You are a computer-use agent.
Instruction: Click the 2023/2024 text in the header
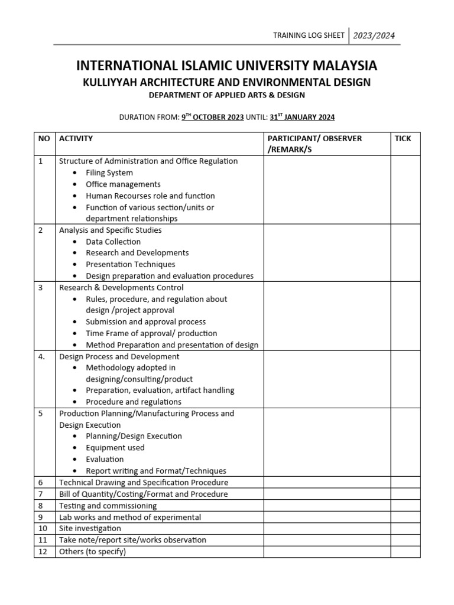point(374,36)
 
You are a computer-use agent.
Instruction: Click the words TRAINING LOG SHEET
point(308,36)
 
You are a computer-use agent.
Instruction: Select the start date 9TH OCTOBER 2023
point(212,117)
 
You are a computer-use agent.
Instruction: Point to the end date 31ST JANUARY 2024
point(302,117)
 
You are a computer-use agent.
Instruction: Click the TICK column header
point(403,138)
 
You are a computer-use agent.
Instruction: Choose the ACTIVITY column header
point(76,138)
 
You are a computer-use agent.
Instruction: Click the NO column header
point(44,138)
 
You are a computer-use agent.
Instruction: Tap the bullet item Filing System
point(109,173)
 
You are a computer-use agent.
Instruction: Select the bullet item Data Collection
point(113,242)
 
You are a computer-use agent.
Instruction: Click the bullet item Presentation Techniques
point(130,264)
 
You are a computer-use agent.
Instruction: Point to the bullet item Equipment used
point(115,448)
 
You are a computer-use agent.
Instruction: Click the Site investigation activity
point(90,528)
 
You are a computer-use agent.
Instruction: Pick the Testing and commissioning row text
point(108,506)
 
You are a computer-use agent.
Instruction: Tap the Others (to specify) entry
point(92,551)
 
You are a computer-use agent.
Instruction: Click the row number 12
point(43,551)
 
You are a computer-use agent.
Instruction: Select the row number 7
point(41,494)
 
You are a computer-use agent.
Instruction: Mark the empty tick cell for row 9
point(406,517)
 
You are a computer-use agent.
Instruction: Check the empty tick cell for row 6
point(406,483)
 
